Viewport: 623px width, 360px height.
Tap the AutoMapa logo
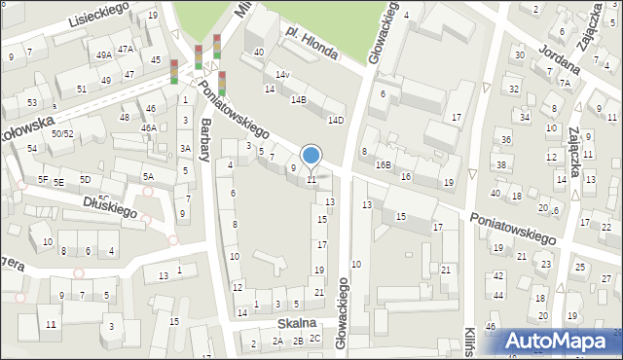[557, 340]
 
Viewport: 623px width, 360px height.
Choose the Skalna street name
[296, 322]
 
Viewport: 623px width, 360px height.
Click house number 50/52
[63, 133]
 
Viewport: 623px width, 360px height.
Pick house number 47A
[126, 49]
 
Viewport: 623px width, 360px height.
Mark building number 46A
[148, 127]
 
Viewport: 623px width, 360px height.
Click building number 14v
[282, 75]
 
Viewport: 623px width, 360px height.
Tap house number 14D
[336, 121]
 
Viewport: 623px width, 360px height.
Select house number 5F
[42, 179]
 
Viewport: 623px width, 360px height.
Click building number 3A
[185, 148]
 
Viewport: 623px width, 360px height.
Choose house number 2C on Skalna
[314, 339]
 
